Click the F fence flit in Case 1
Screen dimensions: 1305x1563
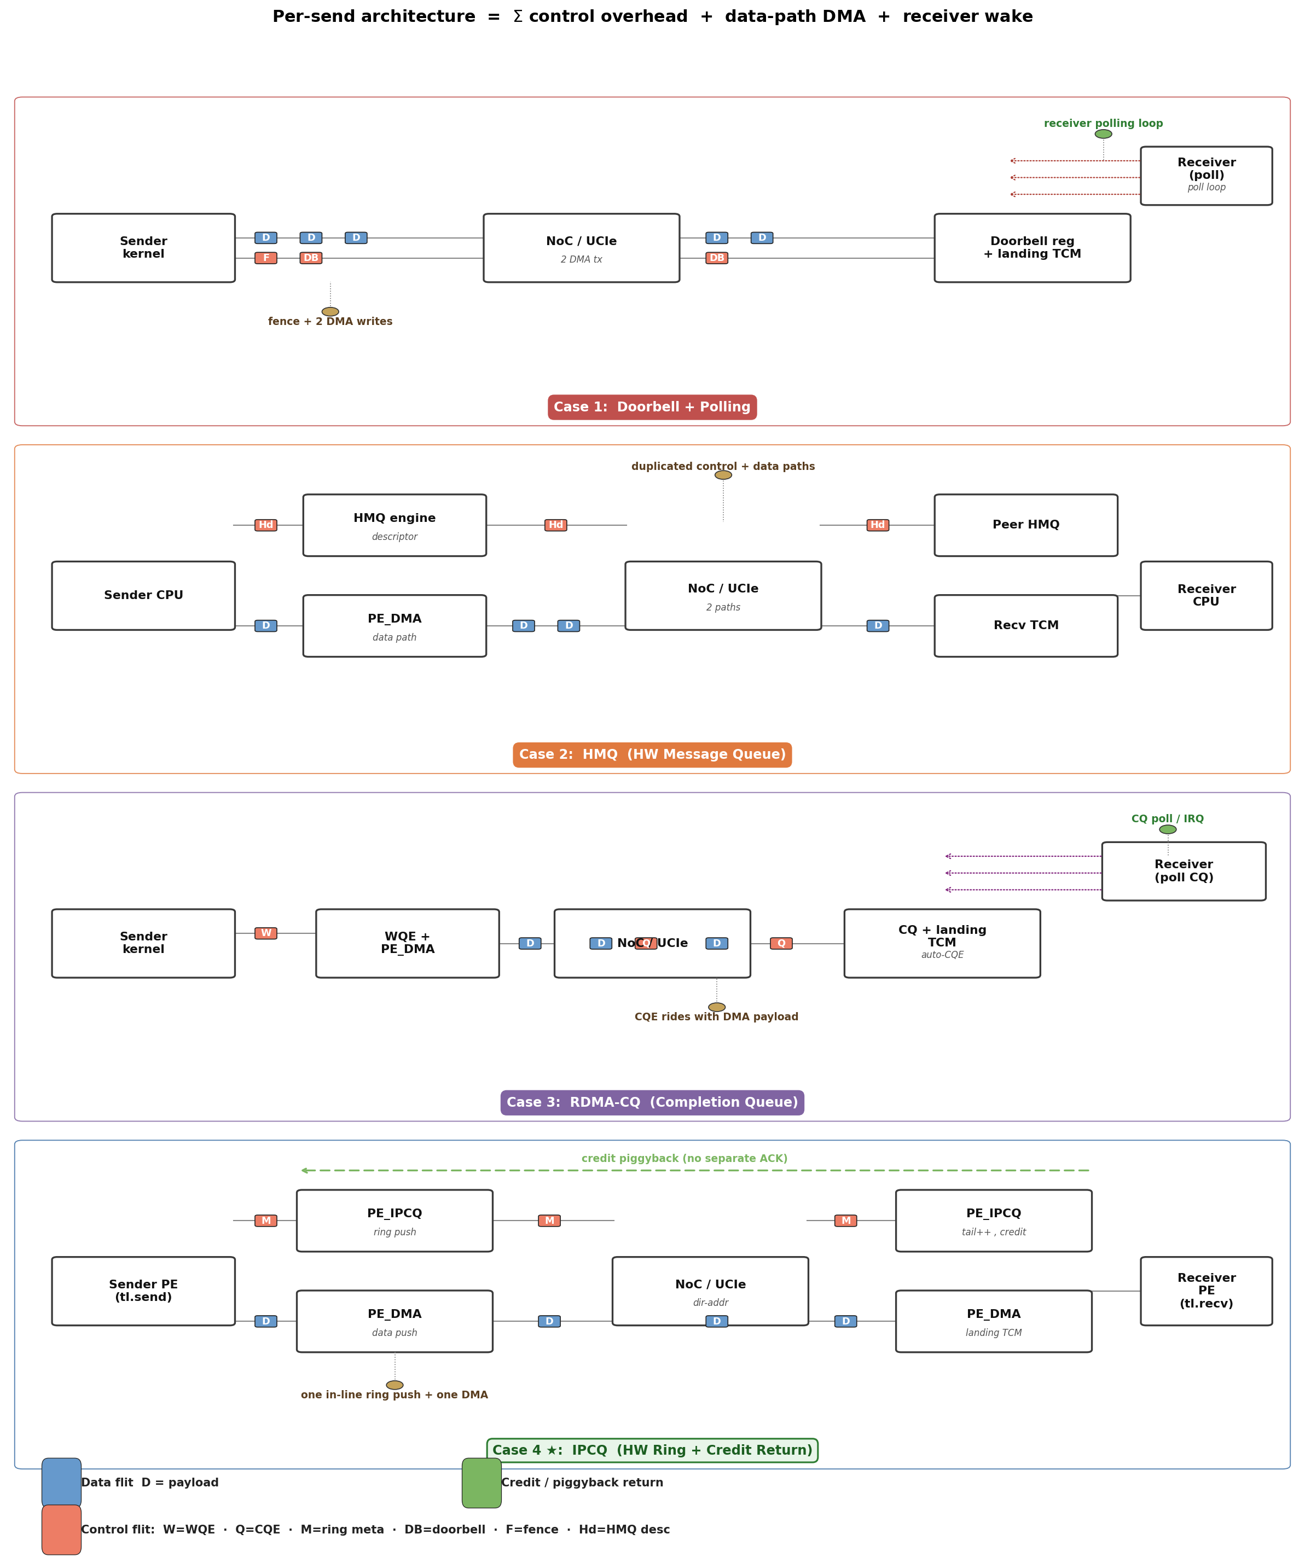pos(266,258)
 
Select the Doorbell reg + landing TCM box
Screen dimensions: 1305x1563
pos(1032,248)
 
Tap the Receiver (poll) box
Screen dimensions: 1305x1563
pos(1206,176)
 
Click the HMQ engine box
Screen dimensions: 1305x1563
pos(395,525)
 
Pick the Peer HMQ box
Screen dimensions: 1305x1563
pos(1026,525)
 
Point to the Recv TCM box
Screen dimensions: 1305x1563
pos(1026,625)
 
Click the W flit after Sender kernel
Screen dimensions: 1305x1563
pos(266,933)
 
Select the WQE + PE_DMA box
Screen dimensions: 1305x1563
pos(407,943)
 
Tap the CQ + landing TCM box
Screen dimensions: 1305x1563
pos(942,943)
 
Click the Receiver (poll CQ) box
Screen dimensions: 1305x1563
pos(1184,871)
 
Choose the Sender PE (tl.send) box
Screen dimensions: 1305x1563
pos(144,1291)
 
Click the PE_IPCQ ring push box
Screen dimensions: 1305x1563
pos(395,1221)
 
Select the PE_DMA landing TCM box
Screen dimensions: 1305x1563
pos(994,1321)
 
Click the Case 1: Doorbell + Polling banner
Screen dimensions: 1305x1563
pos(652,407)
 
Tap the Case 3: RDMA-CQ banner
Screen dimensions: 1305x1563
pos(652,1102)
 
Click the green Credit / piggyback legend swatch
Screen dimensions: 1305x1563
pos(482,1483)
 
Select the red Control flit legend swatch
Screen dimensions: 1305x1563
pos(61,1530)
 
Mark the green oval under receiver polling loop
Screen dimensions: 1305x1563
pos(1103,134)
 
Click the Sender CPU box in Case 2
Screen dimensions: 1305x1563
pos(144,595)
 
